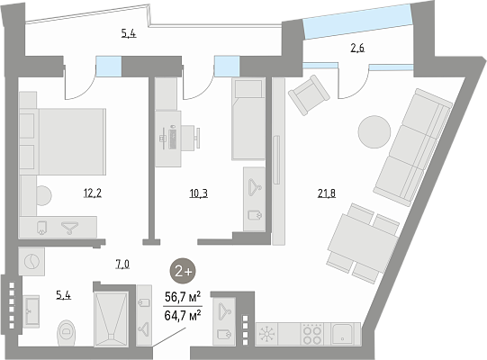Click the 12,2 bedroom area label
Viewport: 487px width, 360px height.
[93, 193]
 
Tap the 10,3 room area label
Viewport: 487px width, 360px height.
[198, 193]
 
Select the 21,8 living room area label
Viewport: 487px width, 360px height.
[327, 193]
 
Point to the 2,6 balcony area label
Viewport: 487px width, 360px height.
[357, 48]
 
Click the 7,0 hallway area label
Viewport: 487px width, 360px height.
[122, 265]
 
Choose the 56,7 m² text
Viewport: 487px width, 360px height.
[183, 297]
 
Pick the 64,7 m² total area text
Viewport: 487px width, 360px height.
[183, 316]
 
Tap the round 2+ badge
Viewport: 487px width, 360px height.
[183, 271]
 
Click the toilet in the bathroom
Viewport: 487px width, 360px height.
[66, 333]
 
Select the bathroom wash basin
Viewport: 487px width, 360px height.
[32, 310]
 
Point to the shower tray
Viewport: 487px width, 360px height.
[111, 319]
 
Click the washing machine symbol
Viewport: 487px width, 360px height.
[32, 261]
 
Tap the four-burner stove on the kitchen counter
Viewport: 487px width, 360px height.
[312, 334]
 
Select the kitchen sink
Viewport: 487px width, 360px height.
[342, 334]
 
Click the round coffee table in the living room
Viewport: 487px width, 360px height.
[374, 132]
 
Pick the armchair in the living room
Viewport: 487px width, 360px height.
[309, 95]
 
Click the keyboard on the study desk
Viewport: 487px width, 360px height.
[172, 139]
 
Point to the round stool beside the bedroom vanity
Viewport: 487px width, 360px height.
[44, 195]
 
